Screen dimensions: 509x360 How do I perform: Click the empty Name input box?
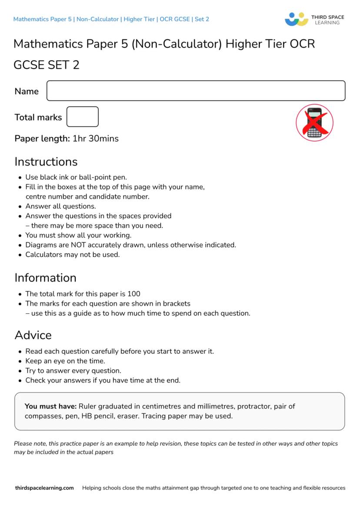pos(196,91)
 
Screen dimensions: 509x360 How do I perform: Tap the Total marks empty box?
pos(83,117)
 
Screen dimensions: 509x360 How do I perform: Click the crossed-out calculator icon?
pos(314,123)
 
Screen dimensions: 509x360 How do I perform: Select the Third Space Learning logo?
pos(314,19)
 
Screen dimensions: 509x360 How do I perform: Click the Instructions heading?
pos(46,162)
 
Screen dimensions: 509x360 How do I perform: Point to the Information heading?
pos(45,278)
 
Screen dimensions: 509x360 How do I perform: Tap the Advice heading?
pos(33,335)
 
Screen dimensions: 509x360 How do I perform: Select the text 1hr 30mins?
pos(95,139)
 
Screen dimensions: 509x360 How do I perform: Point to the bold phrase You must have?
pos(50,406)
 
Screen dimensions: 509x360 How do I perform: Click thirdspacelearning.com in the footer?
pos(44,488)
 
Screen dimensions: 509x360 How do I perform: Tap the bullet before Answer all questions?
pos(20,206)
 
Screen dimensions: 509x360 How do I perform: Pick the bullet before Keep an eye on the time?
pos(20,361)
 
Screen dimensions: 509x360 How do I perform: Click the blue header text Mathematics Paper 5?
pos(43,19)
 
